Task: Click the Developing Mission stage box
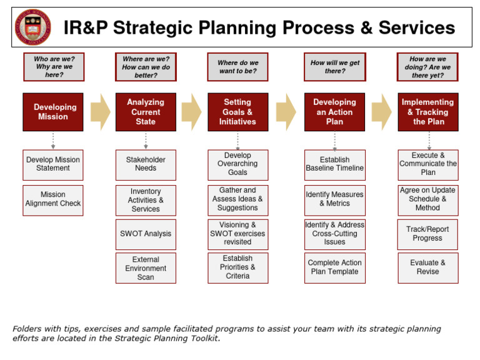pos(53,112)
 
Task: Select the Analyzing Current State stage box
pos(146,112)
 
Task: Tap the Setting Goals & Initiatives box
pos(237,112)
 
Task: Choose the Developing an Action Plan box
pos(334,112)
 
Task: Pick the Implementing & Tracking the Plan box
pos(427,112)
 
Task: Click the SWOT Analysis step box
pos(146,234)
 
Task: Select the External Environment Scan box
pos(146,268)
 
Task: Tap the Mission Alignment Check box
pos(53,199)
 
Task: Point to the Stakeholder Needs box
pos(146,164)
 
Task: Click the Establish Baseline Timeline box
pos(334,164)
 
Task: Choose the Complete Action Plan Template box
pos(334,267)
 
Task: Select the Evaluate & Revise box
pos(427,267)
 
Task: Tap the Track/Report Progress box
pos(427,234)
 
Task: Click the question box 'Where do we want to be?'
pos(237,67)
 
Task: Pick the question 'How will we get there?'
pos(334,67)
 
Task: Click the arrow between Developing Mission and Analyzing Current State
pos(100,112)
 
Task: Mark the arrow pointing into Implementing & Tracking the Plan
pos(381,112)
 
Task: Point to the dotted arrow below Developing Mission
pos(53,141)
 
